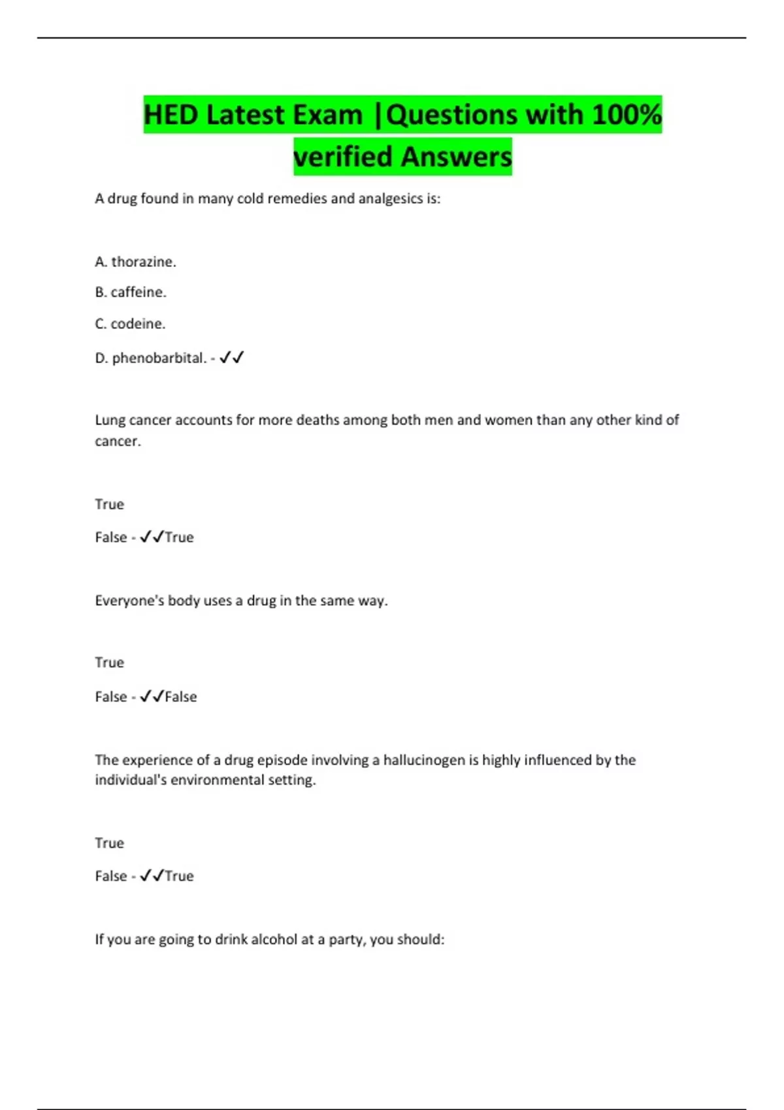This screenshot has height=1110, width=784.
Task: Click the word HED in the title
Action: tap(171, 115)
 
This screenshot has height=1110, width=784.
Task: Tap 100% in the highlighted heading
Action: tap(627, 115)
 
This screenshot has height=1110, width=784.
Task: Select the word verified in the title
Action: tap(344, 157)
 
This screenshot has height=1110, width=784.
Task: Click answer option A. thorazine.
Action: tap(135, 262)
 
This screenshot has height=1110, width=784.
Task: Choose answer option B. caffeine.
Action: tap(131, 293)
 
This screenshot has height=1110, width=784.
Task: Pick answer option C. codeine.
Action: tap(130, 324)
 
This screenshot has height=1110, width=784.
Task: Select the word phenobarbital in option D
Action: tap(159, 358)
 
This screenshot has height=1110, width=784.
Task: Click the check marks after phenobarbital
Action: tap(232, 357)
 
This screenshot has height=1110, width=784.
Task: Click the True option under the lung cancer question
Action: tap(109, 504)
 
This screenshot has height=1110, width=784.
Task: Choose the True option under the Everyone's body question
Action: tap(109, 663)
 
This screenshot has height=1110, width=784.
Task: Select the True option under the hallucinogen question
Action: tap(109, 843)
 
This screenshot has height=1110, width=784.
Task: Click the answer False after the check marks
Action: tap(181, 697)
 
